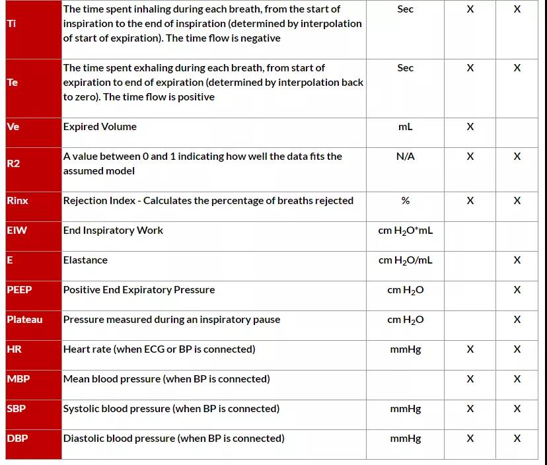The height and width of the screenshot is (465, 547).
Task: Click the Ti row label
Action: coord(12,24)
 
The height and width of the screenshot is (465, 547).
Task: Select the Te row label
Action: coord(13,83)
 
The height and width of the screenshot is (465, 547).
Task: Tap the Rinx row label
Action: coord(18,201)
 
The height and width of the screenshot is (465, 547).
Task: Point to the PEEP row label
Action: coord(19,290)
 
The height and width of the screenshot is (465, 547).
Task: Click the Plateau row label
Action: coord(24,320)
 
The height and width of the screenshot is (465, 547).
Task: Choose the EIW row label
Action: coord(17,231)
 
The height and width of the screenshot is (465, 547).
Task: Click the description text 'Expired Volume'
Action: coord(100,127)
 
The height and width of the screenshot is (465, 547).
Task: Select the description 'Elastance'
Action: coord(85,260)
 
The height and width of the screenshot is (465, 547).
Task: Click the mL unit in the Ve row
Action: coord(405,127)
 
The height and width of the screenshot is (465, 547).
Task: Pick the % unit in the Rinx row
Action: coord(405,201)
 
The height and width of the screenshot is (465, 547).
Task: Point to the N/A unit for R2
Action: coord(405,157)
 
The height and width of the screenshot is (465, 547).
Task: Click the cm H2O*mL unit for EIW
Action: coord(405,231)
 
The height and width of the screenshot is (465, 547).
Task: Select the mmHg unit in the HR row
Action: coord(405,349)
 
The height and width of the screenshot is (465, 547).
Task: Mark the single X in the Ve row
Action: coord(470,127)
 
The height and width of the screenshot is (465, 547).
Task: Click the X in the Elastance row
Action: coord(517,260)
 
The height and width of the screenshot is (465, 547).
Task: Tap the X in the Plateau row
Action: coord(517,320)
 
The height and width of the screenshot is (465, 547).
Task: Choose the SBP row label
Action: coord(17,409)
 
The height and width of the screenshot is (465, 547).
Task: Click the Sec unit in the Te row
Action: coord(405,68)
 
